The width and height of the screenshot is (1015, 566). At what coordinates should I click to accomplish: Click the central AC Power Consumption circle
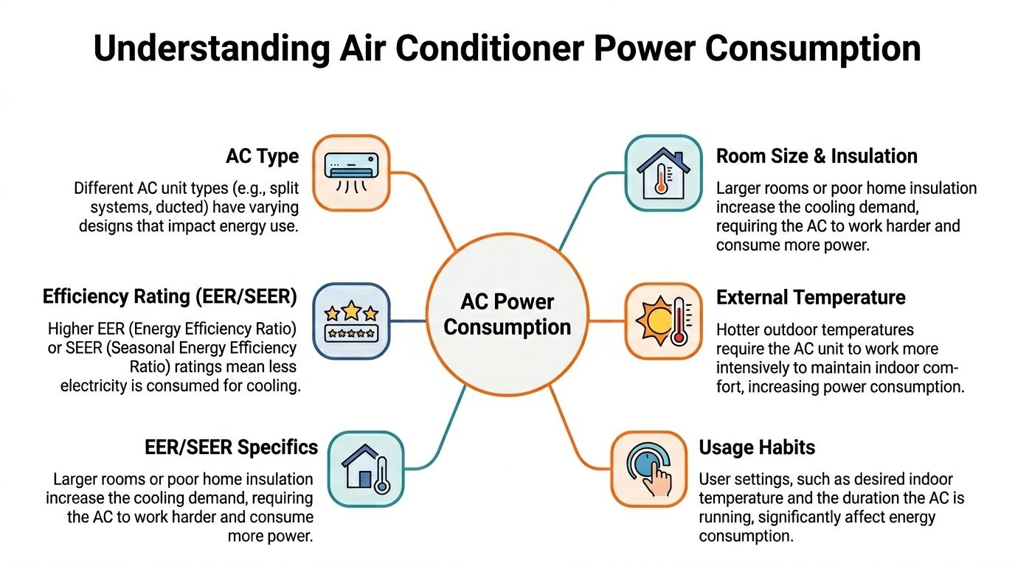(x=507, y=314)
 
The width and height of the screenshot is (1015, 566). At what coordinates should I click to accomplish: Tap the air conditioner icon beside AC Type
(x=351, y=172)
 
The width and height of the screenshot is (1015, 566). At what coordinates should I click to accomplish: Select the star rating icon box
(x=351, y=321)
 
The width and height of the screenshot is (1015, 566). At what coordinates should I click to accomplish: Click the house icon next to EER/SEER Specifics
(x=366, y=469)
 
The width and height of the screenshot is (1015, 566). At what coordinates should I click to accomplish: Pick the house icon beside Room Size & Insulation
(x=663, y=172)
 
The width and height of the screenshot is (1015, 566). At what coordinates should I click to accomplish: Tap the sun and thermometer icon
(x=663, y=321)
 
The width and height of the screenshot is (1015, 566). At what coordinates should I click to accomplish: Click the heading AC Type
(x=262, y=156)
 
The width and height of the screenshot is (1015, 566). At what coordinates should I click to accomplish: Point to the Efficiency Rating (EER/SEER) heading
(x=170, y=297)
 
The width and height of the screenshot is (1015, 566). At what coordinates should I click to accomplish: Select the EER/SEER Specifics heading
(x=231, y=447)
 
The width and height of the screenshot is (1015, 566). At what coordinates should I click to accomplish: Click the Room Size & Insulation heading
(x=817, y=156)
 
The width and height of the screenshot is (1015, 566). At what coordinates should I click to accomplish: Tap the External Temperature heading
(x=811, y=298)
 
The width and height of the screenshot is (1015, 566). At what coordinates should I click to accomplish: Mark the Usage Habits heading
(x=757, y=447)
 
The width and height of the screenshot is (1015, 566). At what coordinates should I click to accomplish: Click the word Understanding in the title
(x=211, y=49)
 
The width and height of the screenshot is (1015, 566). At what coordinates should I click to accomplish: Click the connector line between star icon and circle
(x=409, y=321)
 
